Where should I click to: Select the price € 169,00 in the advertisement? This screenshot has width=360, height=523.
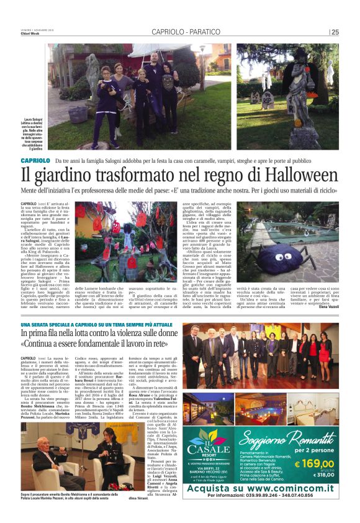315,463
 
